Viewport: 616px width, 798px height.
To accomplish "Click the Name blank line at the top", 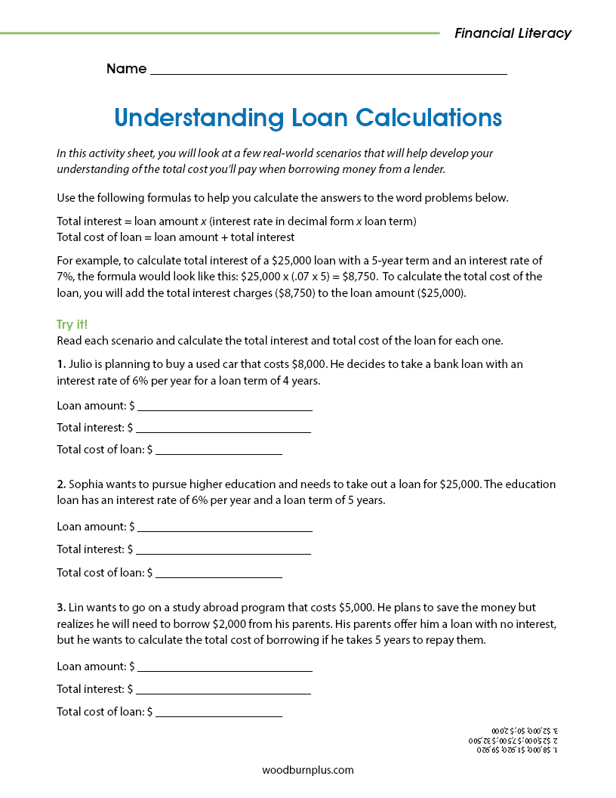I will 328,70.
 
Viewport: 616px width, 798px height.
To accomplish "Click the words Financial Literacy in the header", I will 513,33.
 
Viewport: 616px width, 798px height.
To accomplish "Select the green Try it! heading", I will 72,324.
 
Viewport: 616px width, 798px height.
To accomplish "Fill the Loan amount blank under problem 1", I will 224,406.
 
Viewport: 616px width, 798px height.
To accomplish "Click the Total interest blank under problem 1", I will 223,428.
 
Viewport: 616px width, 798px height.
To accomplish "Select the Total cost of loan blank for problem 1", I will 218,450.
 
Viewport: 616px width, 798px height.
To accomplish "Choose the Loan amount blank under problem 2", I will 224,527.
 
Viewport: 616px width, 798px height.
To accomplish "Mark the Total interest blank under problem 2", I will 223,549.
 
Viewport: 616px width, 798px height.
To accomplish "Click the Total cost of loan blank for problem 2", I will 218,573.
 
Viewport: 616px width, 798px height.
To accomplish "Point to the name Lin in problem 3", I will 76,608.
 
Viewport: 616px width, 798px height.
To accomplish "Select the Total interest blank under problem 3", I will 223,689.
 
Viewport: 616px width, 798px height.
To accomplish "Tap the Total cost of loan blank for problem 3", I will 218,712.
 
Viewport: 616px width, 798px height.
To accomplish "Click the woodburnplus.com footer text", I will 308,771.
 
